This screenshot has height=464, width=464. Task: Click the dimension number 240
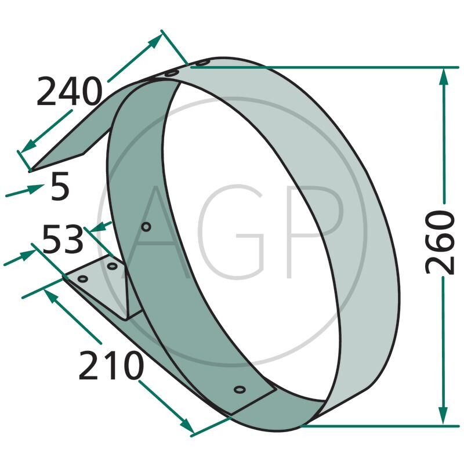pyautogui.click(x=70, y=91)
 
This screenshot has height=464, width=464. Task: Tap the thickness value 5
pyautogui.click(x=60, y=186)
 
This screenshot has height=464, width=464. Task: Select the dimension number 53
pyautogui.click(x=63, y=239)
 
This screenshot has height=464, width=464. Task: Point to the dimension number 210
pyautogui.click(x=111, y=365)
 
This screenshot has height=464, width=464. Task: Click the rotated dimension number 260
pyautogui.click(x=440, y=242)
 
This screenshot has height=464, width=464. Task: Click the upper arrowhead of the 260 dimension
pyautogui.click(x=443, y=78)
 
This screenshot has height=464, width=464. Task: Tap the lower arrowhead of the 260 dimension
pyautogui.click(x=443, y=415)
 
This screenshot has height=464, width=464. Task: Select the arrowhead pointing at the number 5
pyautogui.click(x=36, y=188)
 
